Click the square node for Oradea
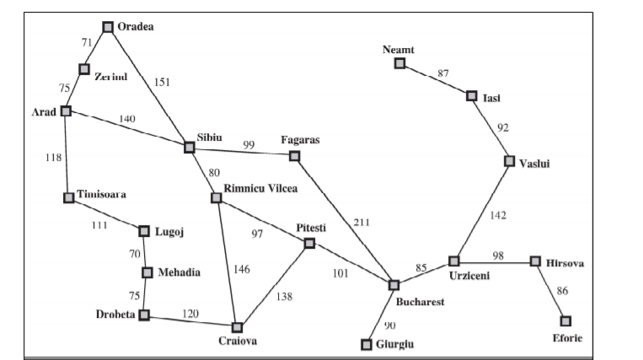point(108,27)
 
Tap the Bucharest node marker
point(394,285)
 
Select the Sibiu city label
point(210,136)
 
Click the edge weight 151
point(161,82)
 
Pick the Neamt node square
point(399,63)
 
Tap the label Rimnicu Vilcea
point(260,189)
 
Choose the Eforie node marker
point(565,320)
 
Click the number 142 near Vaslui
point(498,216)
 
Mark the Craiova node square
point(238,327)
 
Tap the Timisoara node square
point(68,197)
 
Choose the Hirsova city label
point(564,264)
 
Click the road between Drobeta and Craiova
point(190,321)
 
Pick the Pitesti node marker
point(309,243)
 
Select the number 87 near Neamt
point(443,74)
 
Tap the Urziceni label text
point(469,275)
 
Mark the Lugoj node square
point(144,231)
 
